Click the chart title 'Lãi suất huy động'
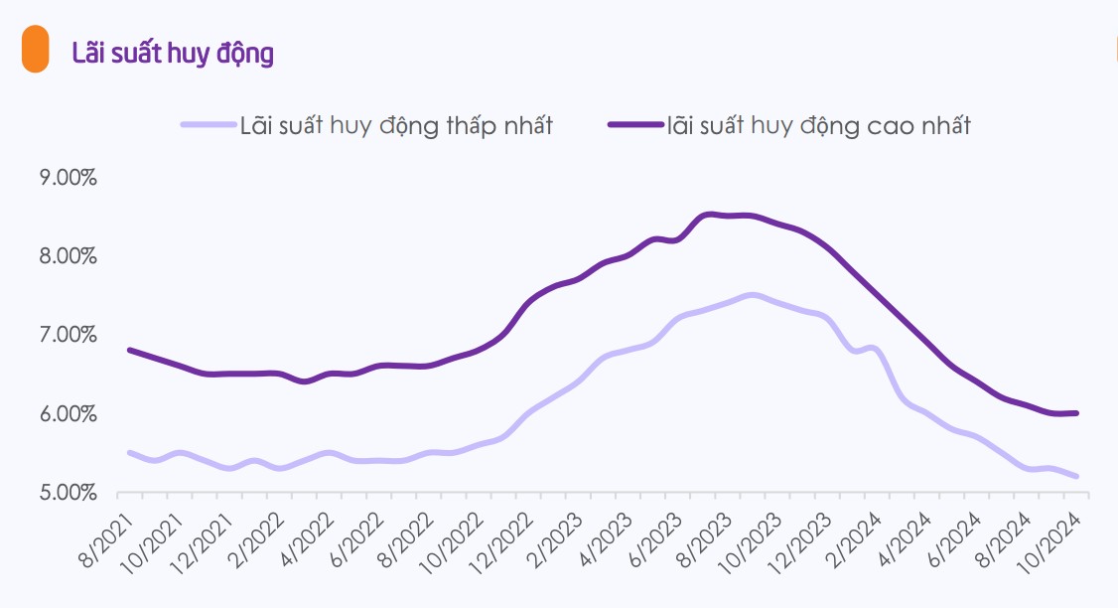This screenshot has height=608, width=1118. point(173,53)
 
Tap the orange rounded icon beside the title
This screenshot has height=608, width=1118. point(36,50)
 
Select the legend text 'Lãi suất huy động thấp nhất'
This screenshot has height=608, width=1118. point(396,125)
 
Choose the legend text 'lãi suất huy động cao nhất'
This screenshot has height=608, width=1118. point(819,125)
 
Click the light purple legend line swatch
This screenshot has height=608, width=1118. point(209,124)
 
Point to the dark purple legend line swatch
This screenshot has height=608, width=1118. point(636,124)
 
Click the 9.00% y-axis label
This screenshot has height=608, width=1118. point(68,178)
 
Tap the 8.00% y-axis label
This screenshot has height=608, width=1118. point(68,256)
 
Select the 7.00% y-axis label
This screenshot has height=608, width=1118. point(68,335)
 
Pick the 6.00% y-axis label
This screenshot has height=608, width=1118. point(68,414)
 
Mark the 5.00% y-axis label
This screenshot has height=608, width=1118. point(68,493)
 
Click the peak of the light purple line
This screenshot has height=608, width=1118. point(752,295)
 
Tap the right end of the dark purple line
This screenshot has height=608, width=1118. point(1076,413)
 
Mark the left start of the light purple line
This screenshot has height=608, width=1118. point(129,452)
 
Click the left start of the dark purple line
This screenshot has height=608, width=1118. point(129,350)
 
